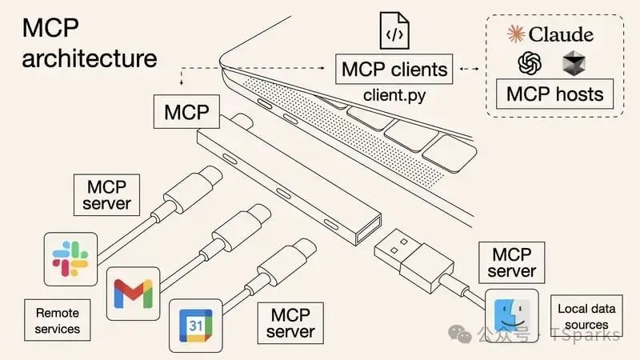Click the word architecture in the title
click(90, 58)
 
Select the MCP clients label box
click(393, 69)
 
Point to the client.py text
click(393, 94)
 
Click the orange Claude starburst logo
click(518, 34)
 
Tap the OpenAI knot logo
click(530, 62)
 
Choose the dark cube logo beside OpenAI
click(574, 62)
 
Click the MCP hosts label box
click(554, 94)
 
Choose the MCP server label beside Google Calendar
click(290, 322)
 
